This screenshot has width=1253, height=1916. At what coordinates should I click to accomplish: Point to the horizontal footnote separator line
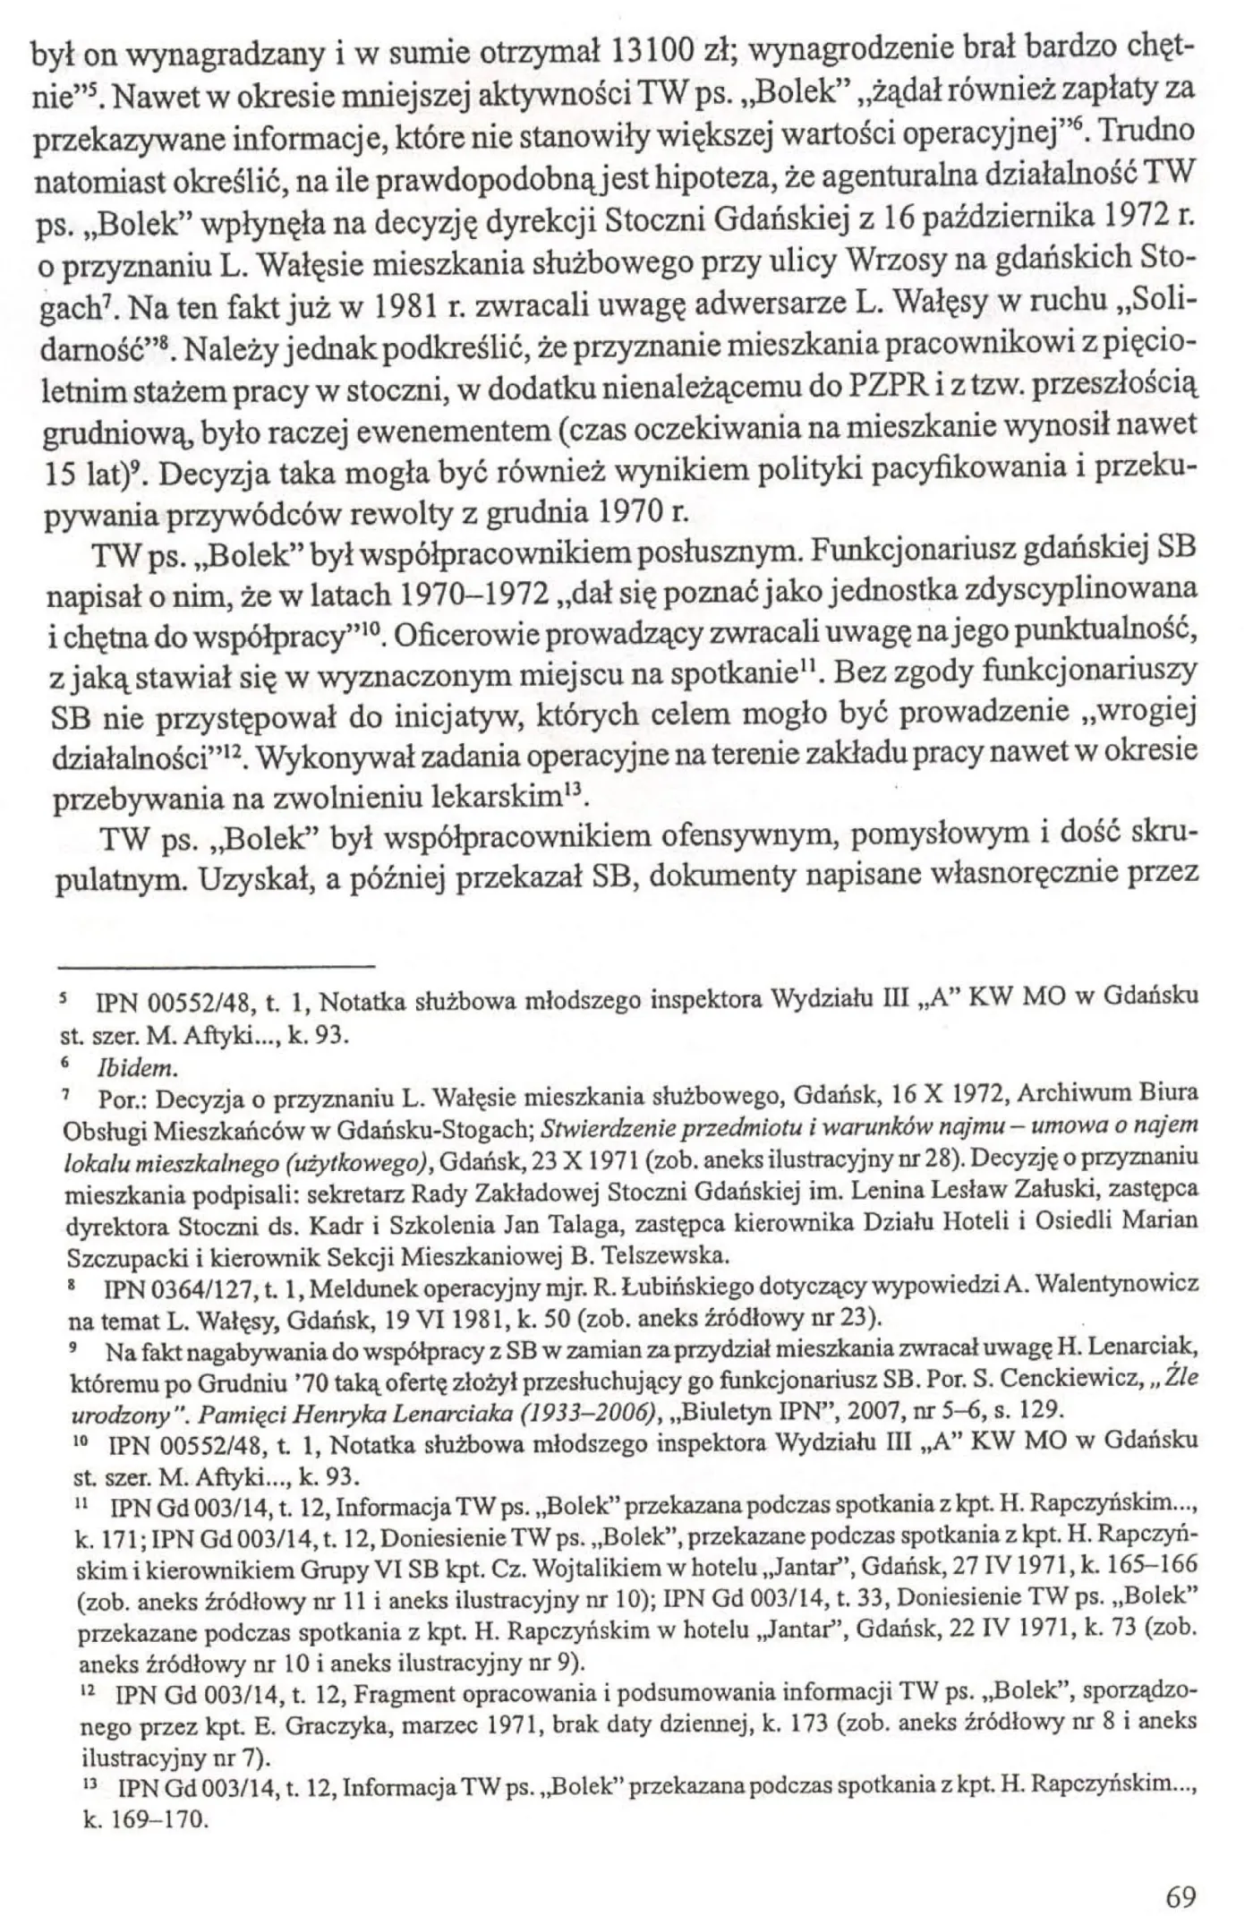(x=214, y=965)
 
